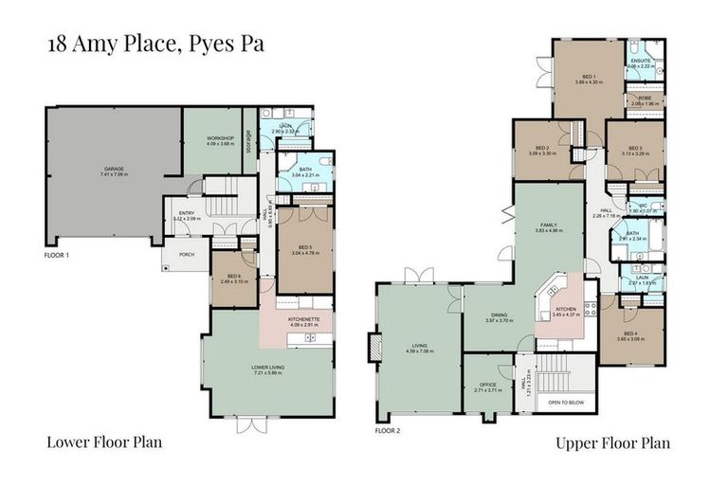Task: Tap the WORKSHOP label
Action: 219,139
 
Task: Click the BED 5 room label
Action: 304,247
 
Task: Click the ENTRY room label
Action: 185,213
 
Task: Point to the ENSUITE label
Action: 641,63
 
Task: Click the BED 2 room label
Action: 543,148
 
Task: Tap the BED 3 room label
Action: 634,148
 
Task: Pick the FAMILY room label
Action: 549,226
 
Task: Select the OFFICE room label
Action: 488,385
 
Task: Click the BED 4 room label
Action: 631,334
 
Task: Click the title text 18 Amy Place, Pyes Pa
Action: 155,45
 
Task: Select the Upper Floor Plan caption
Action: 612,442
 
